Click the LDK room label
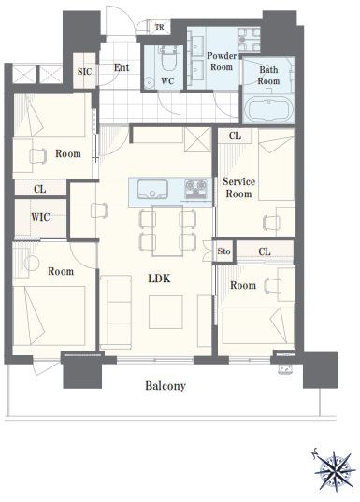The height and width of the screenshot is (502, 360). [159, 279]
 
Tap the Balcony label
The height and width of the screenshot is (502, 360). [166, 386]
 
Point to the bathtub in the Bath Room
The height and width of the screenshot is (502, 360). [269, 110]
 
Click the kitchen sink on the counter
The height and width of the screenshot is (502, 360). [152, 189]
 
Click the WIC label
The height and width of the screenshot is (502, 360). [40, 218]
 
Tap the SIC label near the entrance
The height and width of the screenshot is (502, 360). [84, 71]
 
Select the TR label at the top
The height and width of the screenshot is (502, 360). [160, 27]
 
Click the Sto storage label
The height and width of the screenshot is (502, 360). [223, 251]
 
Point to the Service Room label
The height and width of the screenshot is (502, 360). [238, 188]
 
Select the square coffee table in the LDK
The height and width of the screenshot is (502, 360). [166, 312]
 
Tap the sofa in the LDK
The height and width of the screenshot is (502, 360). [116, 312]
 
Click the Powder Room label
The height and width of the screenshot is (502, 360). [222, 61]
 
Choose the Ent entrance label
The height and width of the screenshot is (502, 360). [122, 67]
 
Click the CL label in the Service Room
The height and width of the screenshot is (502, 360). [235, 136]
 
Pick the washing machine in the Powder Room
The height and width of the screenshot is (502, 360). [249, 39]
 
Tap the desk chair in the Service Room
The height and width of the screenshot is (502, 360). [271, 222]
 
